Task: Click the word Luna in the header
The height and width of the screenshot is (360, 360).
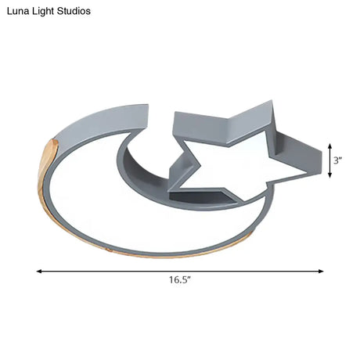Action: pos(16,11)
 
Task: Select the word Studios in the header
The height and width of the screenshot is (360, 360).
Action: pos(74,11)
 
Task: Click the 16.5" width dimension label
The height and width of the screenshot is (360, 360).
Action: pos(180,280)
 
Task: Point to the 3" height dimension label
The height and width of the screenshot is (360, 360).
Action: pos(338,160)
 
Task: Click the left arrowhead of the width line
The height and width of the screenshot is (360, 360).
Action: pos(39,272)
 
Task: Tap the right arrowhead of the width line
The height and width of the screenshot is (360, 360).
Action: pos(321,272)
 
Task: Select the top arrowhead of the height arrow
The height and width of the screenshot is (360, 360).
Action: pos(330,146)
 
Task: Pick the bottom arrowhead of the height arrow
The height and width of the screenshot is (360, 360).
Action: pos(330,175)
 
